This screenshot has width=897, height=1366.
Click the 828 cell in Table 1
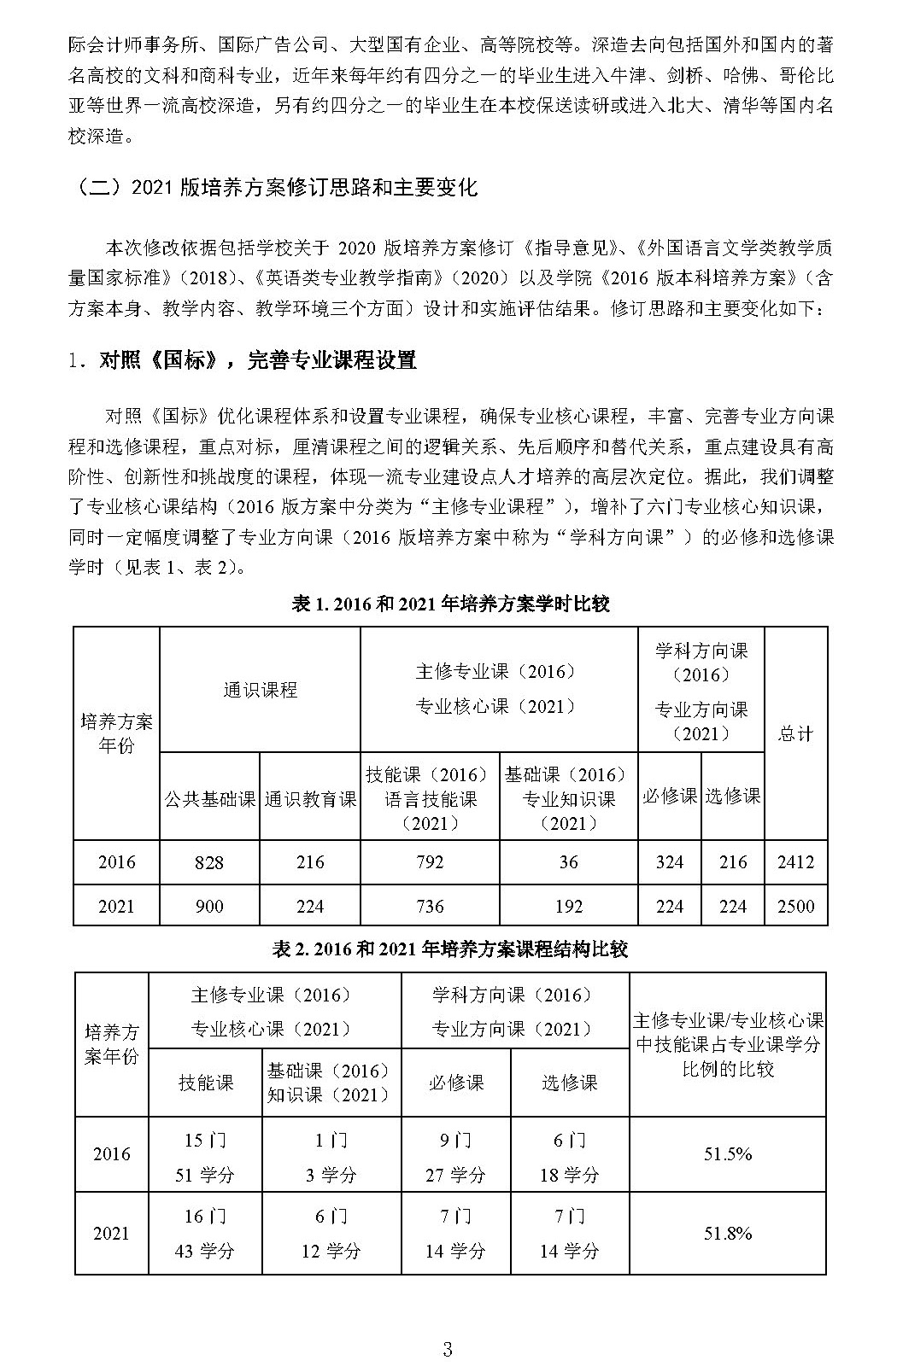click(x=208, y=862)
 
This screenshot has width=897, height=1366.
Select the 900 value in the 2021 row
click(x=208, y=907)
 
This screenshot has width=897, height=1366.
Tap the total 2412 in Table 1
click(x=795, y=862)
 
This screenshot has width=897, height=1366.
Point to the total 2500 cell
click(x=795, y=907)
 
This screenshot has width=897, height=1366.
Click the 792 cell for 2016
click(x=429, y=862)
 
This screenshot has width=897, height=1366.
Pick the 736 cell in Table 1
click(x=429, y=907)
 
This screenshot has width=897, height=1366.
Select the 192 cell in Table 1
click(x=568, y=907)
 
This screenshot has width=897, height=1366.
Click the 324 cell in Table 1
click(x=669, y=862)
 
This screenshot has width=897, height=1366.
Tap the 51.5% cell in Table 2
click(x=727, y=1154)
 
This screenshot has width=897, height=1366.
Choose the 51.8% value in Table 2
click(x=727, y=1233)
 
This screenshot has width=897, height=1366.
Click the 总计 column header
click(x=795, y=733)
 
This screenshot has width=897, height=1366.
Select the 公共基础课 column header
click(x=209, y=799)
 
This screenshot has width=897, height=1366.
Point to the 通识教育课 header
click(x=310, y=799)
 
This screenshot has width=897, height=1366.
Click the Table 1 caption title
click(x=450, y=604)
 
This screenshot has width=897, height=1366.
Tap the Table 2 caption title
click(x=450, y=949)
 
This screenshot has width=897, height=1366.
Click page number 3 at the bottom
click(x=447, y=1326)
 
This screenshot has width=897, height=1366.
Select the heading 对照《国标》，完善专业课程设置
click(x=243, y=360)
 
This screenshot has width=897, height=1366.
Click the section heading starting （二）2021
click(x=273, y=187)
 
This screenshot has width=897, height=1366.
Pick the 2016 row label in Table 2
click(x=112, y=1154)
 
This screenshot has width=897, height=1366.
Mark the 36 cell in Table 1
click(x=568, y=862)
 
